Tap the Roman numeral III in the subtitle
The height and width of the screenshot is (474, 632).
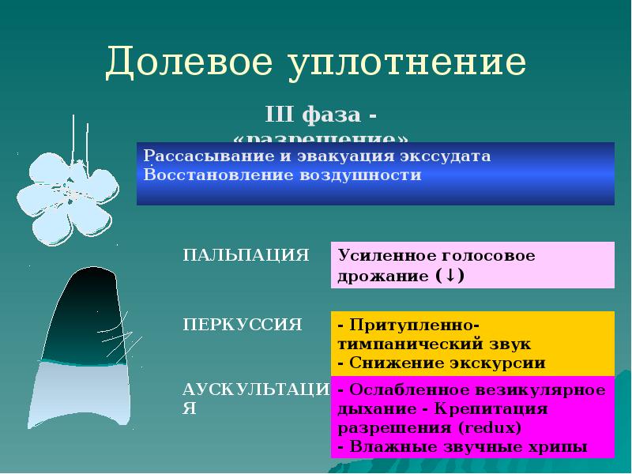coord(279,115)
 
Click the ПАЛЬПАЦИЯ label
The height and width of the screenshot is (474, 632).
coord(246,255)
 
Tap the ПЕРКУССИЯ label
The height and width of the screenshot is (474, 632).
coord(243,324)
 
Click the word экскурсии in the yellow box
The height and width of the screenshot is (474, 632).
coord(499,363)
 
